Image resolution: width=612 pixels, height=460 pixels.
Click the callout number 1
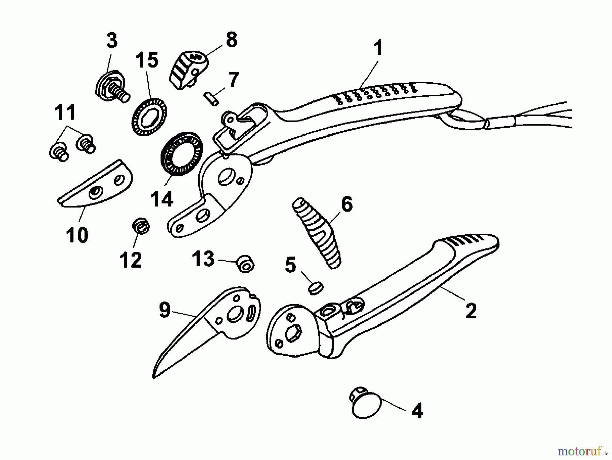point(378,48)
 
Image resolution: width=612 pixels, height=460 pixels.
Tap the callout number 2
point(471,311)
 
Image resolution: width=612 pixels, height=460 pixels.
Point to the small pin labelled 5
point(316,288)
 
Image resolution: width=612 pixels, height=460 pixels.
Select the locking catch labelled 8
point(188,70)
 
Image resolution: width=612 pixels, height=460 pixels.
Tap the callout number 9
point(165,310)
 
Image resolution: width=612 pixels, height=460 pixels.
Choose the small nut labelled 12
point(141,225)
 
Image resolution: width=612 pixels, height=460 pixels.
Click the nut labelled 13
point(245,264)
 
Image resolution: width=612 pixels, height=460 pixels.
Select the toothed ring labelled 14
point(182,154)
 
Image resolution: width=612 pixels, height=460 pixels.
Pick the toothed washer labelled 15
point(149,116)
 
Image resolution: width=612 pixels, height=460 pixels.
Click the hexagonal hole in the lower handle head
point(293,333)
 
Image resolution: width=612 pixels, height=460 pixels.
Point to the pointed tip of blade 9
point(154,378)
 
